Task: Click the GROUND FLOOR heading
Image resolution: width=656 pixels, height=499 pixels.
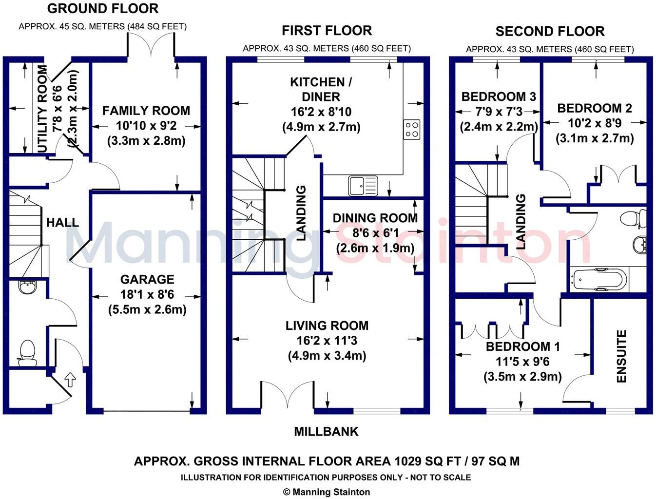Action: click(x=102, y=9)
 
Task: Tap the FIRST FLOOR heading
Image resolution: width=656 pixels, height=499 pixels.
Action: click(x=327, y=31)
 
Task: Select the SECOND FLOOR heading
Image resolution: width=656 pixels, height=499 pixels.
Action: click(x=550, y=32)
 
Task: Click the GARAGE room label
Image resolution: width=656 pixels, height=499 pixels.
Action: click(x=147, y=279)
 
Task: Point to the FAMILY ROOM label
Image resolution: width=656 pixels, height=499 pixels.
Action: click(x=146, y=111)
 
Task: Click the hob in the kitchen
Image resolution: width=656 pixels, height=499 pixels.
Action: click(x=412, y=129)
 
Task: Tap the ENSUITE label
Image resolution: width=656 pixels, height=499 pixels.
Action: click(x=621, y=356)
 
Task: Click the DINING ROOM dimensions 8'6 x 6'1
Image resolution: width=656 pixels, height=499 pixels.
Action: click(x=375, y=233)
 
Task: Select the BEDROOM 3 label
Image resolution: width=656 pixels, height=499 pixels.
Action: click(x=498, y=96)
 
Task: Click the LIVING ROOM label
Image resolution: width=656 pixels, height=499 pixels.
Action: click(x=327, y=326)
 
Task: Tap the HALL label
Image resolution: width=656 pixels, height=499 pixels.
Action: click(x=62, y=223)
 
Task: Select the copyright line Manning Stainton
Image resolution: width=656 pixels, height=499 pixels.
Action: click(x=327, y=492)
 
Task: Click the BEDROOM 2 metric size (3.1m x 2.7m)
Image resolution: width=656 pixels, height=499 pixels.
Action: click(x=595, y=138)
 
